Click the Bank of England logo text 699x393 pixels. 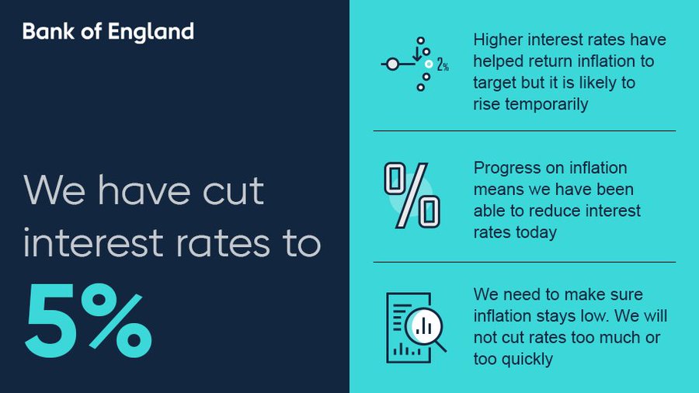(108, 32)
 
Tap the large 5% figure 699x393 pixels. (88, 320)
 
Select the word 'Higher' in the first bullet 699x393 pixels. (497, 40)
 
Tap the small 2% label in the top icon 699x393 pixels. (443, 66)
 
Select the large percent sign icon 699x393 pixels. (412, 195)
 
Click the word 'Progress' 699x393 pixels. (506, 169)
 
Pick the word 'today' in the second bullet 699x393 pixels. (536, 232)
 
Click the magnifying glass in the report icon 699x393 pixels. (425, 329)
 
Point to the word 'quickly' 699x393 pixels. (526, 359)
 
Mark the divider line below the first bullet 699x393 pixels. (524, 130)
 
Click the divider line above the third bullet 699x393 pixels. (524, 262)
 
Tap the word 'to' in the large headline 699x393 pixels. (297, 244)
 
